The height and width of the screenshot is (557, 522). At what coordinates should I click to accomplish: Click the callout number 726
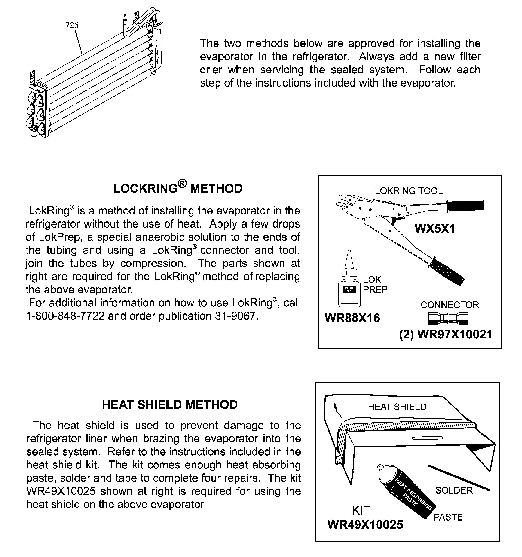pyautogui.click(x=72, y=25)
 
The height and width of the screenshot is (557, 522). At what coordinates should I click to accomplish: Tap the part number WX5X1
pyautogui.click(x=435, y=229)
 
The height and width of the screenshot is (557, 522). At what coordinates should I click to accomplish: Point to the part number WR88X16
pyautogui.click(x=352, y=318)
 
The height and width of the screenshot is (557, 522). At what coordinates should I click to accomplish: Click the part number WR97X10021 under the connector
pyautogui.click(x=454, y=334)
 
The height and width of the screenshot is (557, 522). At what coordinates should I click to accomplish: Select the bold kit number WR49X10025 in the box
pyautogui.click(x=365, y=525)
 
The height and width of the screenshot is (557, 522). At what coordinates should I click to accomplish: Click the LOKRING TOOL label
pyautogui.click(x=409, y=191)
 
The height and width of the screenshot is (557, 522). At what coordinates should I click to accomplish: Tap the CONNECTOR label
pyautogui.click(x=450, y=305)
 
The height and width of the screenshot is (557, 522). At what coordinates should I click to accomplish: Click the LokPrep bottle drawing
pyautogui.click(x=349, y=289)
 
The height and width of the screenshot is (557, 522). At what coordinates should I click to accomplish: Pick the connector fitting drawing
pyautogui.click(x=448, y=318)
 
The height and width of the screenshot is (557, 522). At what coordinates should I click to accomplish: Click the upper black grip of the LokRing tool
pyautogui.click(x=466, y=206)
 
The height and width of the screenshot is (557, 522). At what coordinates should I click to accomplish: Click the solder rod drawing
pyautogui.click(x=459, y=478)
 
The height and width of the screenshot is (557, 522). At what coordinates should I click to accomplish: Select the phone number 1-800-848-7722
pyautogui.click(x=65, y=316)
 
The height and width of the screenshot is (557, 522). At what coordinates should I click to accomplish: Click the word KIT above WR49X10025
pyautogui.click(x=361, y=510)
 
